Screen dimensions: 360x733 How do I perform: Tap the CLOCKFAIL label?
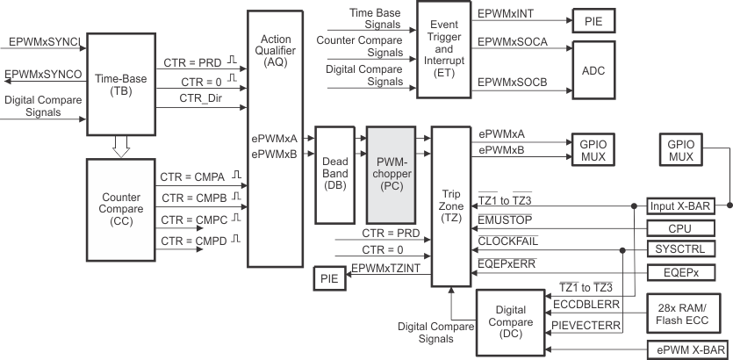[509, 240]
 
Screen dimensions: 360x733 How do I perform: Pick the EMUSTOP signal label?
[507, 218]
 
